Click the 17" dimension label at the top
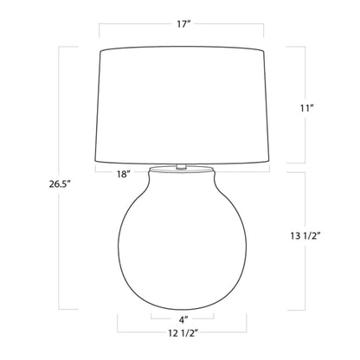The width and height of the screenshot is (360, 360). coord(181,23)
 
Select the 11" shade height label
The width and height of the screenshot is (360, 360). coord(319,109)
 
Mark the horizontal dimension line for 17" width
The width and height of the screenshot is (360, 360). coord(181,38)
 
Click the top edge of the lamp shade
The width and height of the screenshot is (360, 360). coord(181,49)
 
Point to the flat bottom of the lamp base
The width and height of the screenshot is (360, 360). coord(180,308)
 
